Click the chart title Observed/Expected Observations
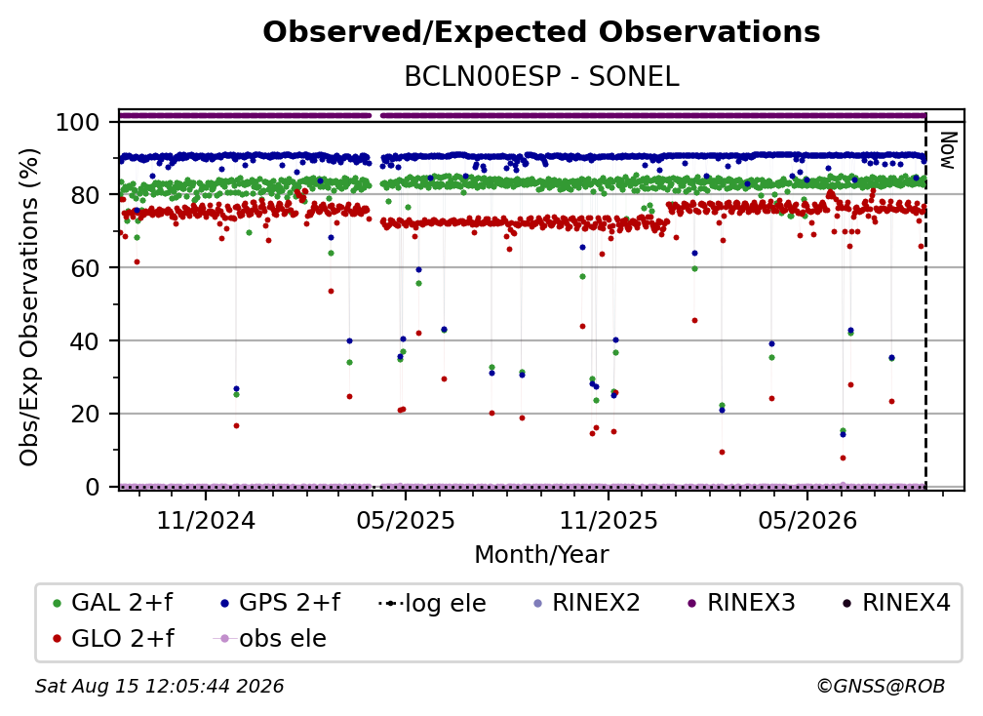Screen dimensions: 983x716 pyautogui.click(x=541, y=32)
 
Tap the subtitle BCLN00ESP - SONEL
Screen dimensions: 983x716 pyautogui.click(x=541, y=76)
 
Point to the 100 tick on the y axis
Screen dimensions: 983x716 pyautogui.click(x=78, y=122)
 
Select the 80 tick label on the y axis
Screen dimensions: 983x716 pyautogui.click(x=85, y=195)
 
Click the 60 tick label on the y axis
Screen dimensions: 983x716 pyautogui.click(x=85, y=267)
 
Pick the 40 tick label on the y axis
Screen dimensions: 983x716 pyautogui.click(x=85, y=341)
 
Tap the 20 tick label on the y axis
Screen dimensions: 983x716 pyautogui.click(x=85, y=414)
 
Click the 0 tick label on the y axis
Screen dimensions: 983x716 pyautogui.click(x=93, y=487)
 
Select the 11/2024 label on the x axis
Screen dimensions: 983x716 pyautogui.click(x=206, y=520)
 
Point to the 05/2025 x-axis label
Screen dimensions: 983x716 pyautogui.click(x=406, y=520)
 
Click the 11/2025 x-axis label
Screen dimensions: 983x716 pyautogui.click(x=609, y=520)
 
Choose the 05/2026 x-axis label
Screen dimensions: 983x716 pyautogui.click(x=807, y=520)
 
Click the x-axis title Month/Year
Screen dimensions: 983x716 pyautogui.click(x=541, y=554)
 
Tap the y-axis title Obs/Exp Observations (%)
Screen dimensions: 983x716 pyautogui.click(x=29, y=307)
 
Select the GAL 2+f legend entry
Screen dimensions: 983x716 pyautogui.click(x=113, y=603)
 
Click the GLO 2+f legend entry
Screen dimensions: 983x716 pyautogui.click(x=113, y=638)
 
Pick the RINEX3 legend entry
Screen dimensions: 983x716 pyautogui.click(x=742, y=603)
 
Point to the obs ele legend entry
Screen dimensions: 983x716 pyautogui.click(x=270, y=638)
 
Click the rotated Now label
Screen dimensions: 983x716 pyautogui.click(x=948, y=150)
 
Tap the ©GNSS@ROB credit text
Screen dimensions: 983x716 pyautogui.click(x=881, y=687)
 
